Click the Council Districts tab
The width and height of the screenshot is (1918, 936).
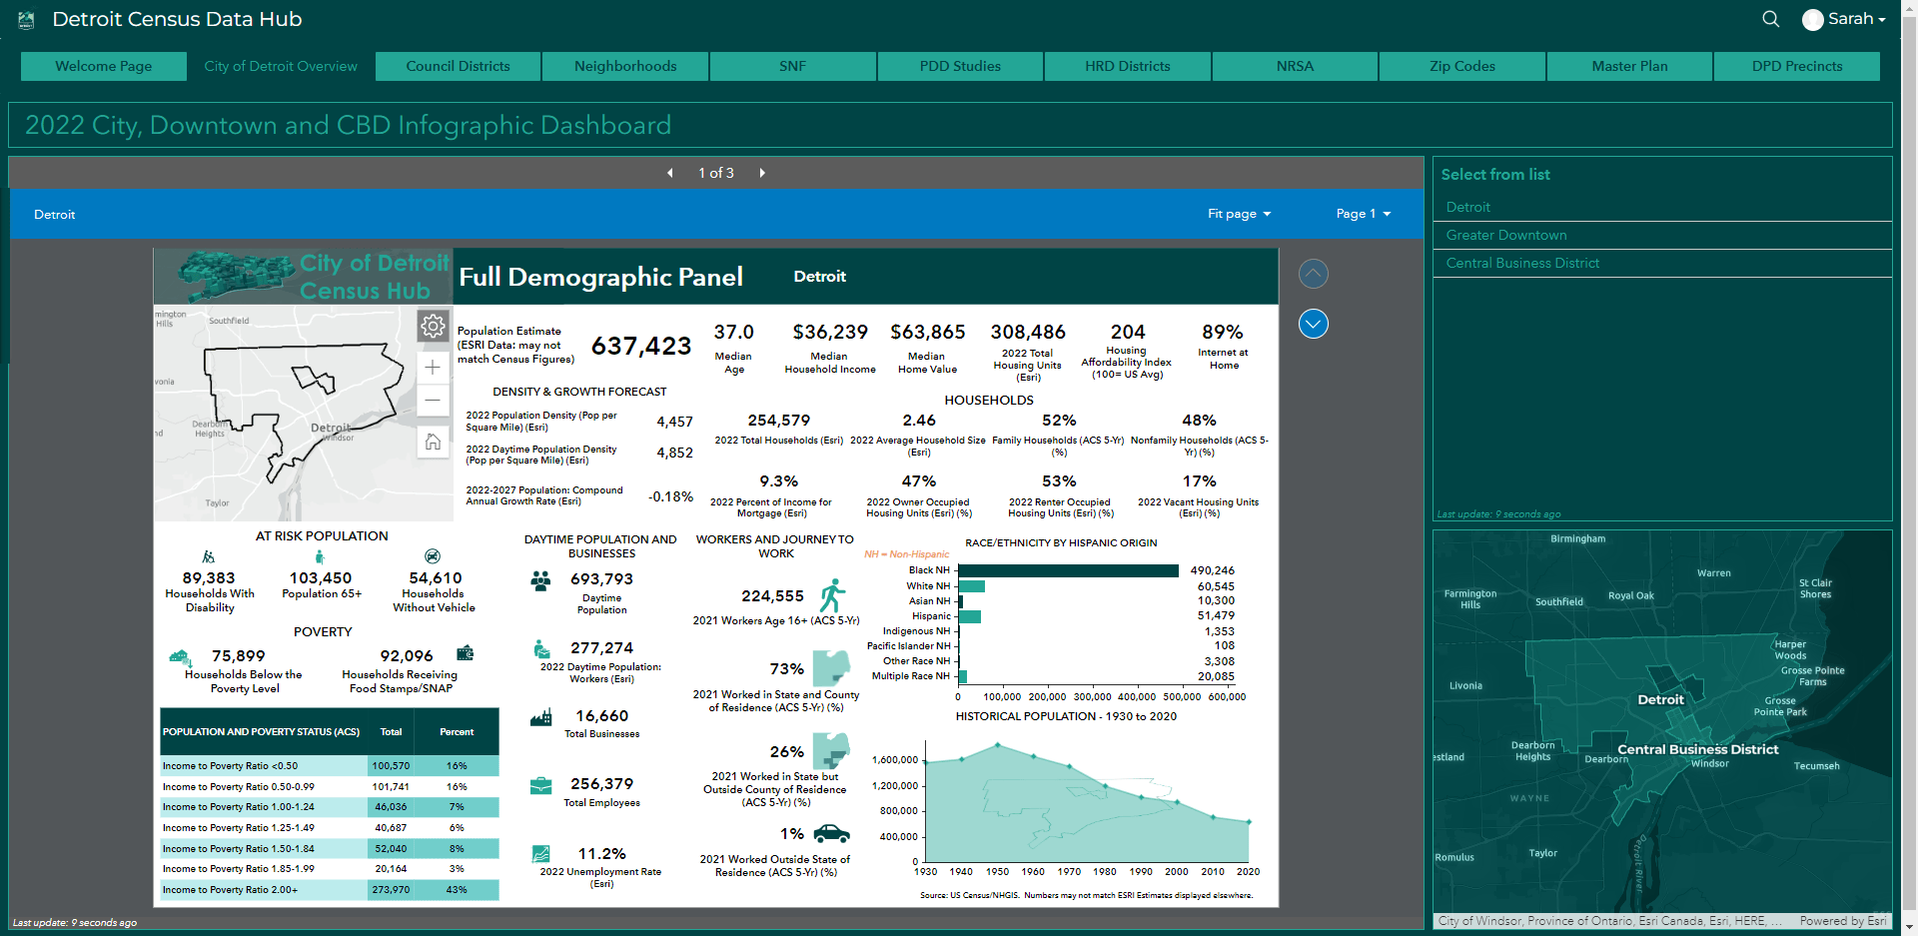point(458,66)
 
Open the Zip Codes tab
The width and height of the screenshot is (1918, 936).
point(1461,66)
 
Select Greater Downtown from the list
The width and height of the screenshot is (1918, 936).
point(1505,235)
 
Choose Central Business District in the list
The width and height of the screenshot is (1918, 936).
point(1521,263)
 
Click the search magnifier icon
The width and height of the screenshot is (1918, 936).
point(1770,19)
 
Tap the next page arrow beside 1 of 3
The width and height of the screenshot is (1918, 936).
point(762,173)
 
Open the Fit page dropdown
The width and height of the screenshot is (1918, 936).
point(1239,214)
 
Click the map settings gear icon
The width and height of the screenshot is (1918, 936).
point(433,326)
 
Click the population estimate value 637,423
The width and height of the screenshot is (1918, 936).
point(641,346)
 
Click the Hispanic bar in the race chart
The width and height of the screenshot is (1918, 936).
point(969,616)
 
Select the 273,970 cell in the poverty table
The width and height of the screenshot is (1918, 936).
point(391,889)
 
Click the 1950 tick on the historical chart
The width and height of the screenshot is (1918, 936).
point(997,871)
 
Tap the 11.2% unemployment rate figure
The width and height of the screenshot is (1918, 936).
point(601,853)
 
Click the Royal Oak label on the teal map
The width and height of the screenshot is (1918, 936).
point(1630,595)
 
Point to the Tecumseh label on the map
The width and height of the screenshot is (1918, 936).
point(1816,766)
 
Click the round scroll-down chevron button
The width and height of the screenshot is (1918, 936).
point(1313,324)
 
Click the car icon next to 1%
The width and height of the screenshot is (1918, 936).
point(831,833)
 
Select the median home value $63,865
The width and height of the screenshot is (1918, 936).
point(927,332)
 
